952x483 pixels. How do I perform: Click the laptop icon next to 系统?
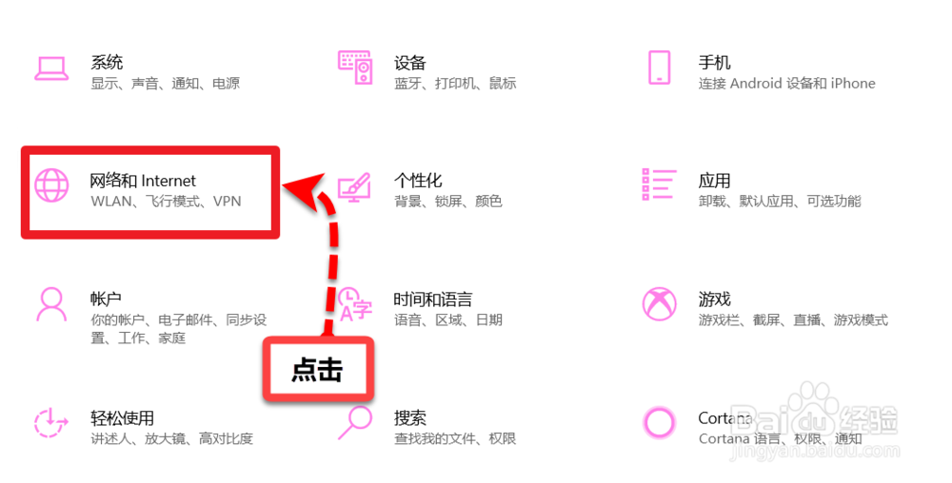(x=50, y=68)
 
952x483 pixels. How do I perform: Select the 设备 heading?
(x=409, y=64)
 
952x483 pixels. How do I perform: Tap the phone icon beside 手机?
(x=659, y=68)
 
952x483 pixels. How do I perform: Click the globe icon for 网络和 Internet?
(x=50, y=184)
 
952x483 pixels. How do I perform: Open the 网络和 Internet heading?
(x=143, y=181)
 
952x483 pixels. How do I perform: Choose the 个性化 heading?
(x=418, y=181)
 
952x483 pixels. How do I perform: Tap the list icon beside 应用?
(x=659, y=184)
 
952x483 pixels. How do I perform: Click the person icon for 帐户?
(x=50, y=304)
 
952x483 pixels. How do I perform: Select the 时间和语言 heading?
(x=433, y=299)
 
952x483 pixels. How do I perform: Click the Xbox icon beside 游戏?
(x=659, y=304)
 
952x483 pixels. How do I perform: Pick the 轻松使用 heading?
(x=122, y=418)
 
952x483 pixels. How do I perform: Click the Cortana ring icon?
(x=659, y=422)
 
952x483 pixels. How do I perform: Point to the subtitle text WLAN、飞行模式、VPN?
(x=166, y=202)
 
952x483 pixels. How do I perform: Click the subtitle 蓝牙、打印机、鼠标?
(x=455, y=84)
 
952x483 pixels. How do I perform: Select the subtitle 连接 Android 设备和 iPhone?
(x=786, y=84)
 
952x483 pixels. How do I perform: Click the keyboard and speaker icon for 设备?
(x=355, y=68)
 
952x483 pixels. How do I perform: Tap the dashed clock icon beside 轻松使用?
(x=50, y=422)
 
